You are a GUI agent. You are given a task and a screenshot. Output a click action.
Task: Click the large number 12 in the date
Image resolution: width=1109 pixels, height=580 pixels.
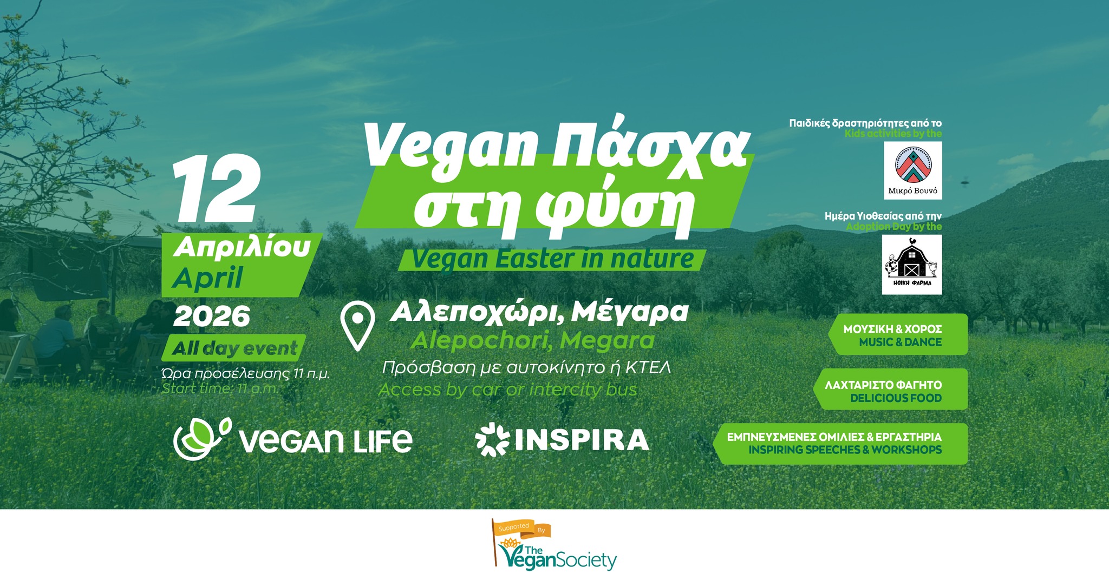click(x=216, y=189)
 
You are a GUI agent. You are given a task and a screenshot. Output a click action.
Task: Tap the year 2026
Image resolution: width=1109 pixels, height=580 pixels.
click(x=212, y=316)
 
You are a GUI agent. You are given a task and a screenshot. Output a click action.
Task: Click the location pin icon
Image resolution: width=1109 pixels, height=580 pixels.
click(x=357, y=326)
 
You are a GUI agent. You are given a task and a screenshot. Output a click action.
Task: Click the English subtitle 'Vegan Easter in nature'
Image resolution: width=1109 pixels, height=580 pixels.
click(x=552, y=259)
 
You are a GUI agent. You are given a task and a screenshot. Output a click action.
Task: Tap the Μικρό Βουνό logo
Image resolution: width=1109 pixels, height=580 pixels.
click(x=912, y=170)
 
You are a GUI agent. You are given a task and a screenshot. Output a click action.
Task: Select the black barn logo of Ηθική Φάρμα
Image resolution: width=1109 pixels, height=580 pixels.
click(x=912, y=265)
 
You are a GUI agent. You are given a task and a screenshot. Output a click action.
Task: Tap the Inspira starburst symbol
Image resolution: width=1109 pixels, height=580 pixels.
click(x=492, y=439)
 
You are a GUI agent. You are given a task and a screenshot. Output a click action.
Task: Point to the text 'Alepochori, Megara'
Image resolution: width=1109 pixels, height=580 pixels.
click(x=532, y=340)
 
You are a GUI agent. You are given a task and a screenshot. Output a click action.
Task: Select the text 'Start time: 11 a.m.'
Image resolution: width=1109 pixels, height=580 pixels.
click(x=220, y=388)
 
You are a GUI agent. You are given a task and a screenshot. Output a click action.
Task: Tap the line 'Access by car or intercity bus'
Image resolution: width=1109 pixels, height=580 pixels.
click(x=508, y=390)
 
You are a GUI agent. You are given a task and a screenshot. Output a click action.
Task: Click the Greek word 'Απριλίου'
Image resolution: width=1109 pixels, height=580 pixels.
click(x=242, y=248)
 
